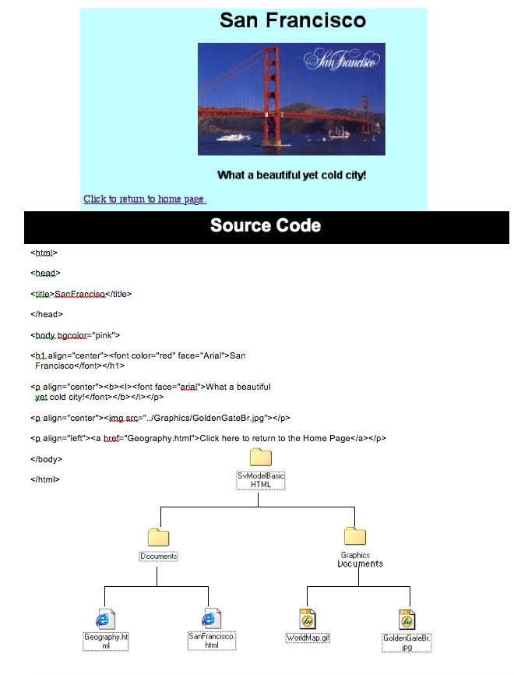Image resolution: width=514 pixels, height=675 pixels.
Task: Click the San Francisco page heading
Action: coord(292,21)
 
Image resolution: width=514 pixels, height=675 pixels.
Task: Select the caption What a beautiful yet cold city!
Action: coord(291,175)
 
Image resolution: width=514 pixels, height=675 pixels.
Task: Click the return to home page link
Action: coord(145,199)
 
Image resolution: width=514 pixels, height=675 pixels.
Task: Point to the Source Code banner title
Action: coord(266,226)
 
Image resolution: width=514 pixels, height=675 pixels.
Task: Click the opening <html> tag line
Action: coord(44,253)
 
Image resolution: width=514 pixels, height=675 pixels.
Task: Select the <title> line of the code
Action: coord(81,294)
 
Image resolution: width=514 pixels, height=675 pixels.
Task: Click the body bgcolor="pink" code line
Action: coord(75,335)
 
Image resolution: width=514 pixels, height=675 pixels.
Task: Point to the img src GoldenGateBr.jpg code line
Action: coord(160,418)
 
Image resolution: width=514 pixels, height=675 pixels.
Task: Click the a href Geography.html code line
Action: coord(208,438)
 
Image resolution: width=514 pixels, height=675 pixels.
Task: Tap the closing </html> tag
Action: coord(45,479)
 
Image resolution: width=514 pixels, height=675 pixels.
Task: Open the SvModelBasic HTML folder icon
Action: coord(260,458)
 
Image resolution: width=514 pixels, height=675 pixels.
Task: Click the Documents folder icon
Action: coord(158,537)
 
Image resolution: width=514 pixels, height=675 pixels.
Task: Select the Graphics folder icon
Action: coord(355,535)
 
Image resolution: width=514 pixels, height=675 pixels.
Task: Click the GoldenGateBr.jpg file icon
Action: coord(406,619)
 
